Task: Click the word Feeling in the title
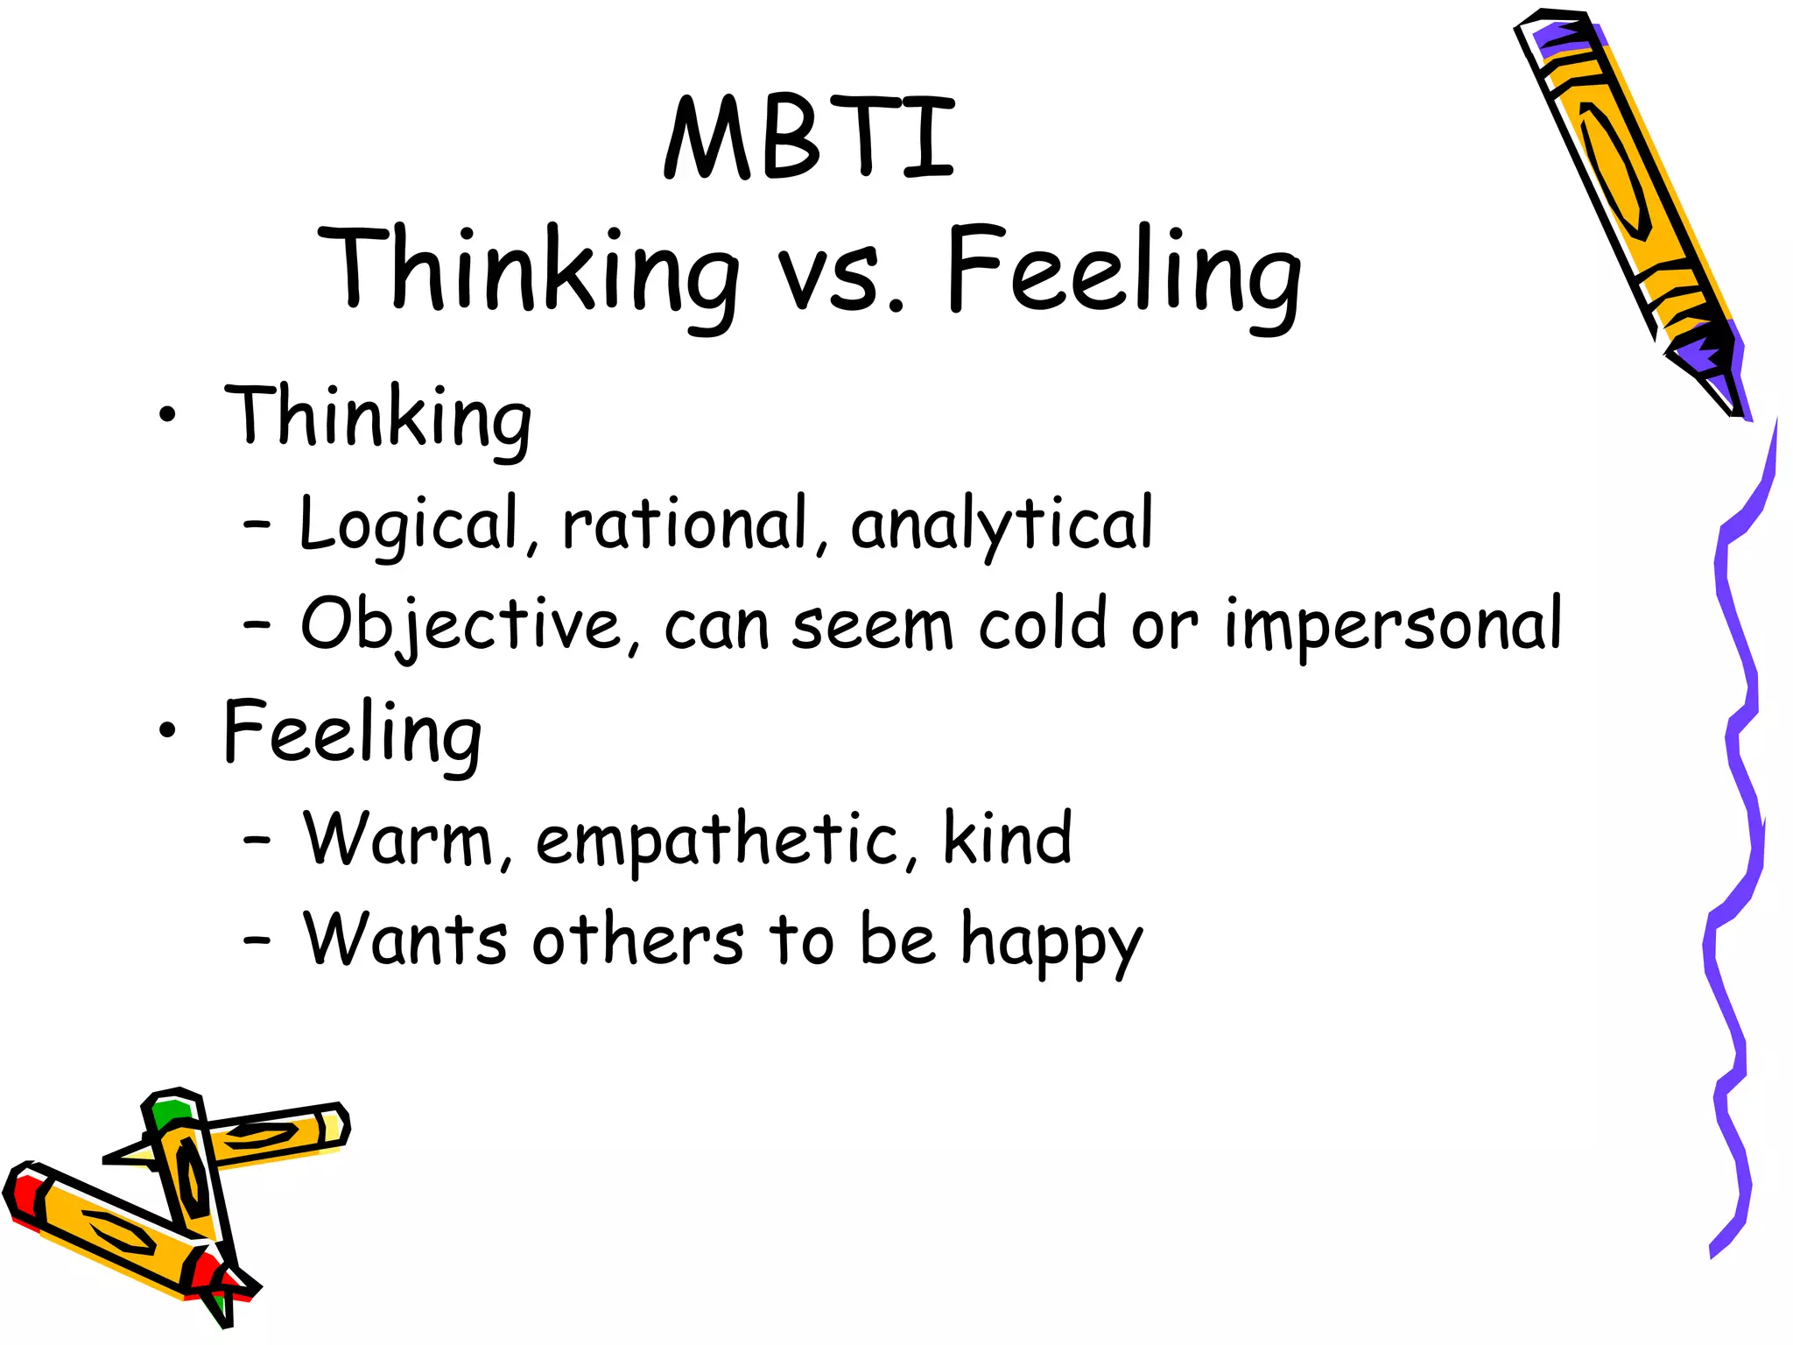tap(1123, 273)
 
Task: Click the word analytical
tap(1001, 524)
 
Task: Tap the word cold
tap(1042, 623)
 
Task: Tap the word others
tap(637, 940)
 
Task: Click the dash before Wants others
tap(257, 941)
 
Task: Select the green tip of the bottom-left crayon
tap(169, 1113)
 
